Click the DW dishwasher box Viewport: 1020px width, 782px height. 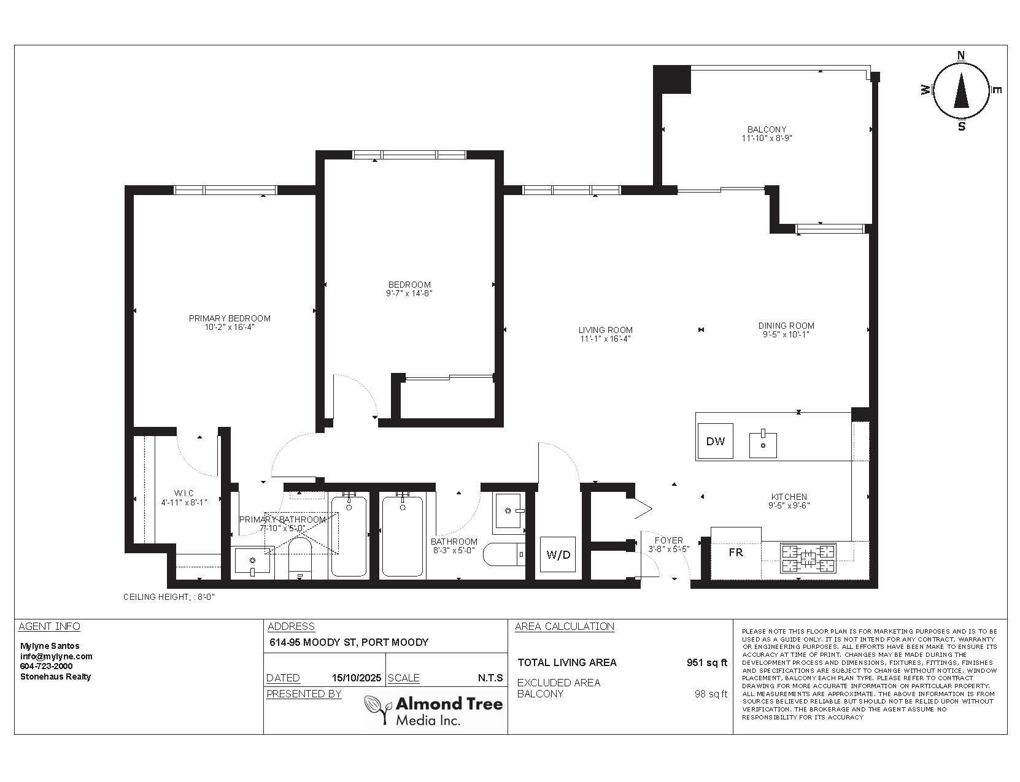pyautogui.click(x=716, y=441)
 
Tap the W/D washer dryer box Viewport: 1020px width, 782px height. pyautogui.click(x=558, y=555)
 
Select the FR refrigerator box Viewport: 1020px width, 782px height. pyautogui.click(x=736, y=553)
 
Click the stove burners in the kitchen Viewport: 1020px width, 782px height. pyautogui.click(x=808, y=558)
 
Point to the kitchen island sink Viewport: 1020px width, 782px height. pyautogui.click(x=763, y=444)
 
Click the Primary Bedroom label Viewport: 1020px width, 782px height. pyautogui.click(x=230, y=318)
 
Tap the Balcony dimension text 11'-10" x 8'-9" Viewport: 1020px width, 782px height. pyautogui.click(x=766, y=139)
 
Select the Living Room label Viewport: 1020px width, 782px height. pyautogui.click(x=605, y=330)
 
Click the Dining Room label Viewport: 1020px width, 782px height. pyautogui.click(x=786, y=326)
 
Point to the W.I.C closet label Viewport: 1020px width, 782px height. pyautogui.click(x=184, y=493)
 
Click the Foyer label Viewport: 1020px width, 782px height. pyautogui.click(x=668, y=540)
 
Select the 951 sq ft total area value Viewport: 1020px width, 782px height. pyautogui.click(x=706, y=662)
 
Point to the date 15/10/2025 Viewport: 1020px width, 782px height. pyautogui.click(x=356, y=678)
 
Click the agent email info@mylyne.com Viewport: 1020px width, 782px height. pyautogui.click(x=56, y=656)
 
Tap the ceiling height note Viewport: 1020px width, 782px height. pyautogui.click(x=169, y=597)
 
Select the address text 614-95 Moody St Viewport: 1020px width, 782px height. pyautogui.click(x=349, y=643)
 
